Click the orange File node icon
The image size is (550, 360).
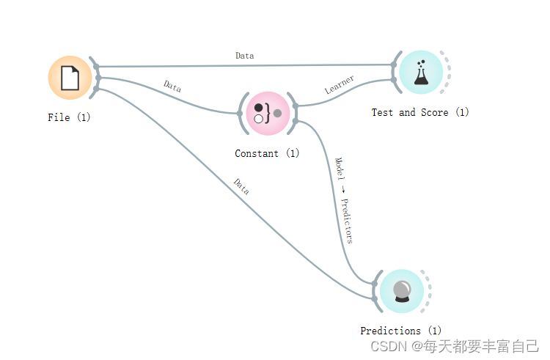tap(70, 78)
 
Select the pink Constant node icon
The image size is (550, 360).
tap(268, 114)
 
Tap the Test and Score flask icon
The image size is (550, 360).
tap(420, 72)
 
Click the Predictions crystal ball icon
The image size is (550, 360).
tap(402, 291)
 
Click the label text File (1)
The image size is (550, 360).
tap(70, 117)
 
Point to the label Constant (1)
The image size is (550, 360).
tap(267, 154)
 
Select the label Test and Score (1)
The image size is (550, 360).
tap(420, 112)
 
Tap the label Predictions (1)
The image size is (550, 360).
tap(401, 331)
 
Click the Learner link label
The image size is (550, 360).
tap(340, 84)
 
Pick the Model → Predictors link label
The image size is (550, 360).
tap(344, 200)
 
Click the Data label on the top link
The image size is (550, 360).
tap(245, 55)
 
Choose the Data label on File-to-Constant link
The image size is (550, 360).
tap(172, 87)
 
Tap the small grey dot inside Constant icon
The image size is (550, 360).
tap(278, 113)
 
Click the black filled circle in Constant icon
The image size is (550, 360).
tap(258, 108)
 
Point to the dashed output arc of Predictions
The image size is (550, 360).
tap(429, 291)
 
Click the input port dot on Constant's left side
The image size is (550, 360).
tap(240, 114)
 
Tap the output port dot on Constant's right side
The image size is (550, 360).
tap(296, 106)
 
